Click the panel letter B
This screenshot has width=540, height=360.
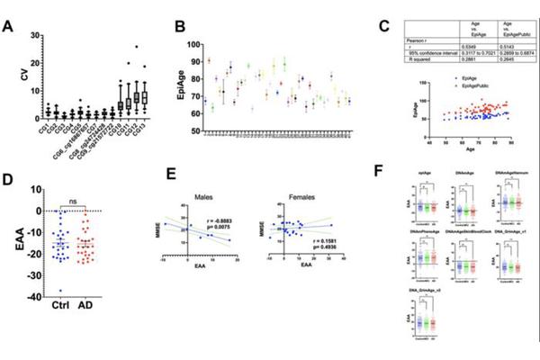tap(181, 27)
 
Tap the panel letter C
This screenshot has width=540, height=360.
tap(383, 28)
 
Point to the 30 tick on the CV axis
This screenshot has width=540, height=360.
tap(32, 35)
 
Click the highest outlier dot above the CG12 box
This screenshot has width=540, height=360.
tap(136, 47)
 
